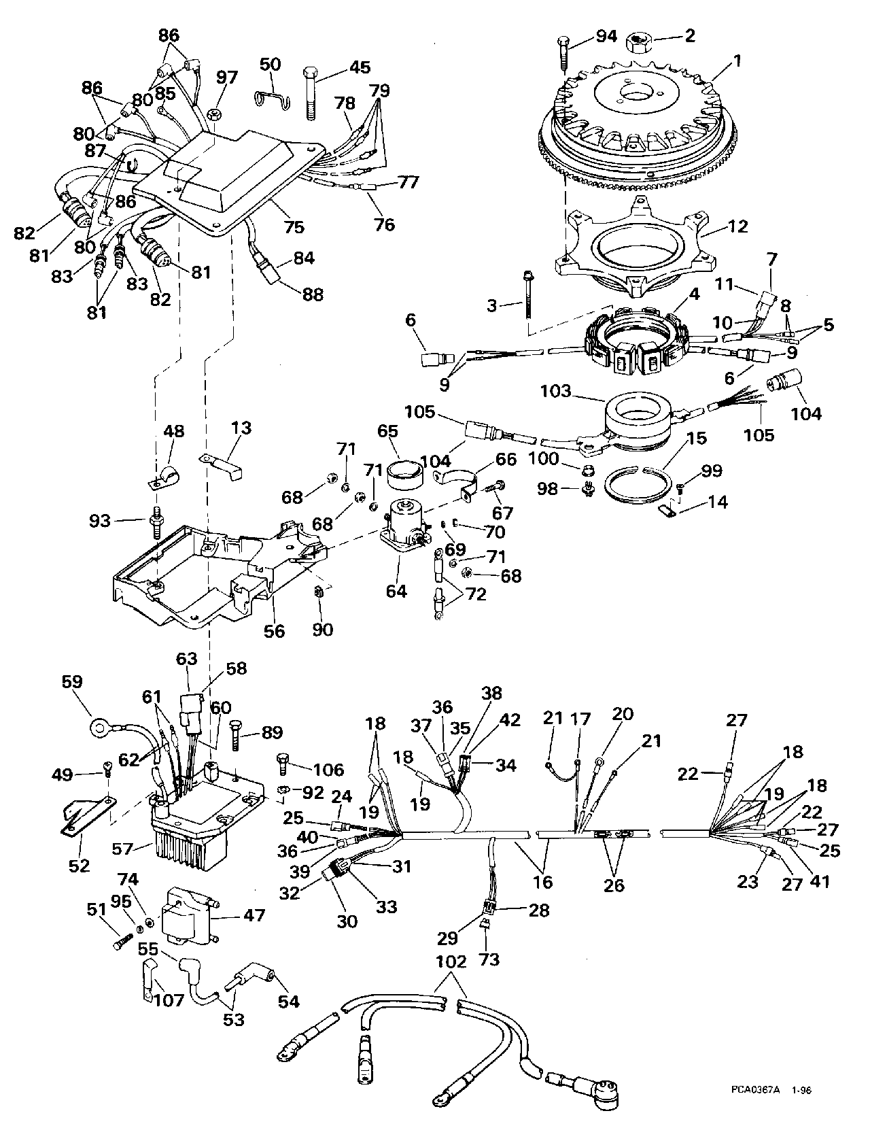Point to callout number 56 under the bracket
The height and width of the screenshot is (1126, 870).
[x=274, y=631]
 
